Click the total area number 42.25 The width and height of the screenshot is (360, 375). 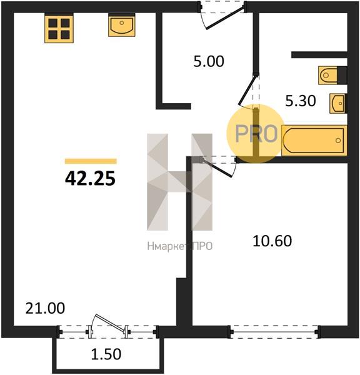pos(90,179)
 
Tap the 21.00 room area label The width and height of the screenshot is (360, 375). pos(45,308)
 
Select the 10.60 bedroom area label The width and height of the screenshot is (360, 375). pos(272,241)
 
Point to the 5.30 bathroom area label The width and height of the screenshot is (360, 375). pos(301,101)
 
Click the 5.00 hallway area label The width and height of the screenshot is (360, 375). pos(209,61)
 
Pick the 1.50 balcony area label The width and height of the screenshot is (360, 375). pos(106,354)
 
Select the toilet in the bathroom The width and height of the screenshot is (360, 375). pos(332,76)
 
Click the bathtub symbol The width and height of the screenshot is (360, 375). pos(314,140)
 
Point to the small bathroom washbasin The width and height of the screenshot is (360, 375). pos(338,103)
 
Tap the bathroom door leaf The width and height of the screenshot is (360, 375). pos(247,90)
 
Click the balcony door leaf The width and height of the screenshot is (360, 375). pos(110,323)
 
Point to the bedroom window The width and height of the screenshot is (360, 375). pos(274,332)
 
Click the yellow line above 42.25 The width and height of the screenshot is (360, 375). pos(91,161)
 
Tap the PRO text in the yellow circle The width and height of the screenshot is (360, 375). pos(256,134)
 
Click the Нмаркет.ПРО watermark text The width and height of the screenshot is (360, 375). pos(180,246)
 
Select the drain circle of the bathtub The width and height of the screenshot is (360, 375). pos(338,141)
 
